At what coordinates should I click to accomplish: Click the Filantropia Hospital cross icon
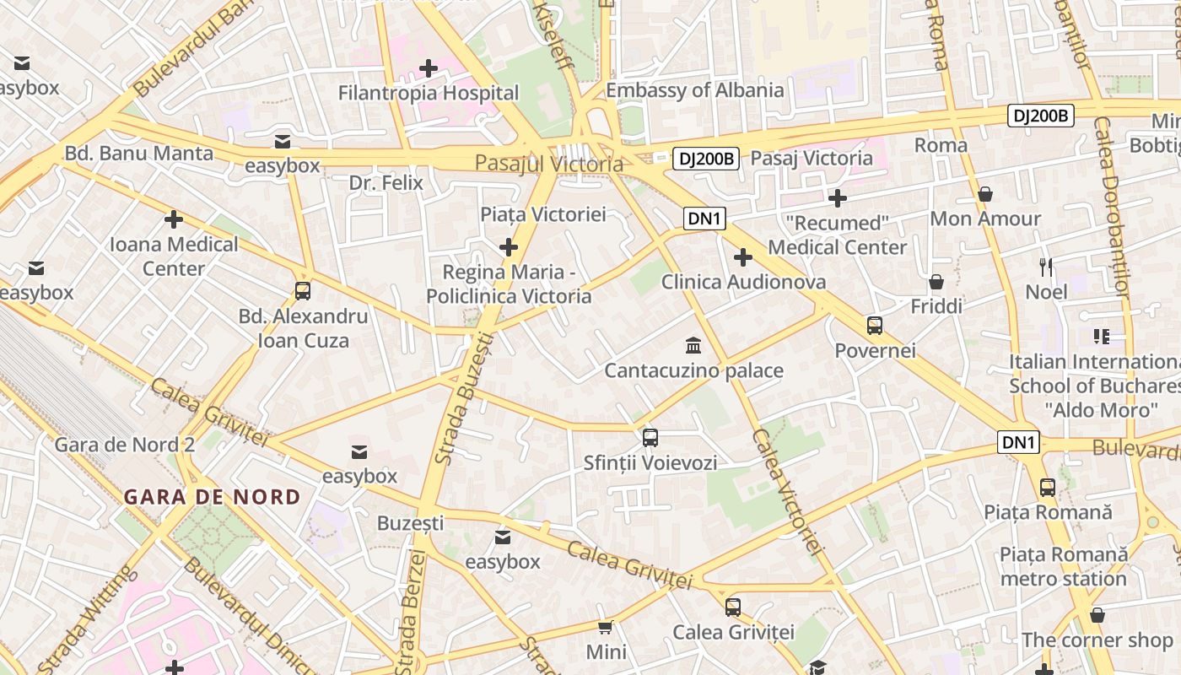click(x=429, y=67)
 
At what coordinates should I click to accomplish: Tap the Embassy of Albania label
click(x=695, y=90)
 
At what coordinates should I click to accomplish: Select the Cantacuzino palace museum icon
click(x=693, y=345)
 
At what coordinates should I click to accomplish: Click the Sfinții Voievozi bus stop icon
click(x=650, y=437)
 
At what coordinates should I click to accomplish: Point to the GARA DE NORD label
click(x=212, y=497)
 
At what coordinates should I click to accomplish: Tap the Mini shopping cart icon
click(x=605, y=627)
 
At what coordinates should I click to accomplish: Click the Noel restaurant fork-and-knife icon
click(x=1046, y=267)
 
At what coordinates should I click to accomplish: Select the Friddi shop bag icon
click(x=936, y=281)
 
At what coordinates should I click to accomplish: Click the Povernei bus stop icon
click(x=875, y=325)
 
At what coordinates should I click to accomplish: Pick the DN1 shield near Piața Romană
click(x=1018, y=442)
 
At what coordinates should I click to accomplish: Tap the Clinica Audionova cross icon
click(x=742, y=256)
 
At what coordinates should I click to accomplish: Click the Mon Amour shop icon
click(x=984, y=194)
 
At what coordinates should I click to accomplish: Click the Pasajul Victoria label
click(x=548, y=164)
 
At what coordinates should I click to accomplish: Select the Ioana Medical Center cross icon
click(x=174, y=219)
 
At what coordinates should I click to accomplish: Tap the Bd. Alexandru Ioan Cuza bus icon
click(x=302, y=291)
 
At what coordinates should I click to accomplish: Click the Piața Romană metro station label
click(x=1063, y=566)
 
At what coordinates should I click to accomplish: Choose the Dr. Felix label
click(x=386, y=182)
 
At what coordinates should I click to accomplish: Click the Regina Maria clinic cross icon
click(x=508, y=246)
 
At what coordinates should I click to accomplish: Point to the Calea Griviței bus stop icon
click(x=733, y=607)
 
